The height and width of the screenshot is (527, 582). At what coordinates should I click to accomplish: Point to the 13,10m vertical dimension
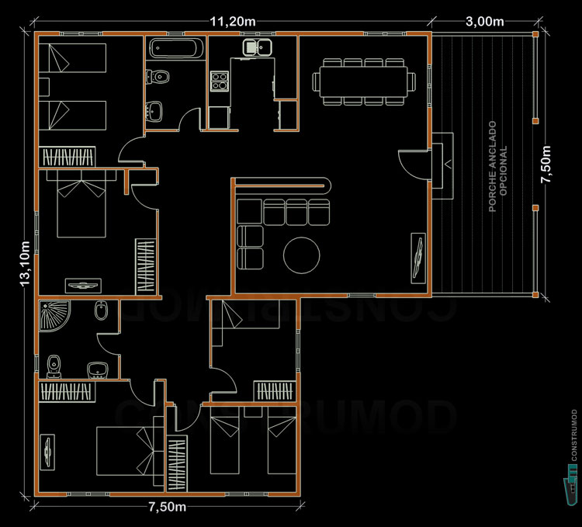pyautogui.click(x=24, y=264)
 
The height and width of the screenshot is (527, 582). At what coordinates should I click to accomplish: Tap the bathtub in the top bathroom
pyautogui.click(x=175, y=48)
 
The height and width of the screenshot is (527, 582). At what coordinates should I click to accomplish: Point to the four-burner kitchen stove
pyautogui.click(x=220, y=80)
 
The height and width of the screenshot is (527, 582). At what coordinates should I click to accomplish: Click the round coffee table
pyautogui.click(x=300, y=254)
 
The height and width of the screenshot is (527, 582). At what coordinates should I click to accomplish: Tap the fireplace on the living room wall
pyautogui.click(x=443, y=158)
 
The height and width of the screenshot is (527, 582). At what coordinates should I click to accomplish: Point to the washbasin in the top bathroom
pyautogui.click(x=157, y=111)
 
